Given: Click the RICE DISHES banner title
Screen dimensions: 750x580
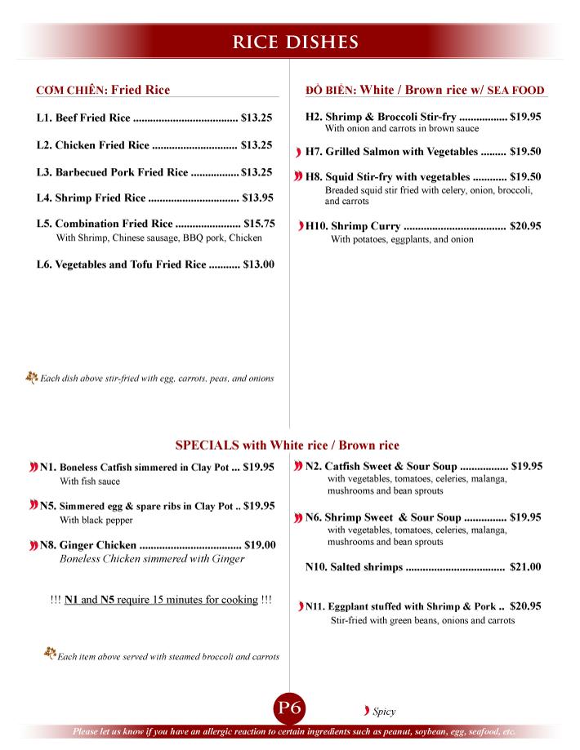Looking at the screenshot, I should point(296,42).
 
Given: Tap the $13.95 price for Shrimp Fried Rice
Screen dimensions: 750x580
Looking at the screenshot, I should point(257,197).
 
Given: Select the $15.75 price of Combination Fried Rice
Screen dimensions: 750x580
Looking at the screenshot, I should point(259,223).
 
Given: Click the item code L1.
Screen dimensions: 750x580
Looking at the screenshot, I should point(44,118).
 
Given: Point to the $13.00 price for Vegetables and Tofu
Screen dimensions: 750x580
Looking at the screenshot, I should point(258,264).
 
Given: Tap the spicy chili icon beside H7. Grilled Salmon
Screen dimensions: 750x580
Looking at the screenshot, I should point(299,153).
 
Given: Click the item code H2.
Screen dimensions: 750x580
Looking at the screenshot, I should point(314,117).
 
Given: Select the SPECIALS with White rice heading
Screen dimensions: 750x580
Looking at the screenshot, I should point(287,445).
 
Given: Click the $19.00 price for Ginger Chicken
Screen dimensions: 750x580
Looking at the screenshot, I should point(260,545).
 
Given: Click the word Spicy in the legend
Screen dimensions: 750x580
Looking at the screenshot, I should point(384,712).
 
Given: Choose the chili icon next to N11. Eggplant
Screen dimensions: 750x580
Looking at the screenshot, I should point(300,606).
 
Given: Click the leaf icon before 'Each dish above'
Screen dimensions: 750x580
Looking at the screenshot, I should point(32,377).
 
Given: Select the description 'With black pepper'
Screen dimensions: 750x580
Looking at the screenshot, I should point(96,520).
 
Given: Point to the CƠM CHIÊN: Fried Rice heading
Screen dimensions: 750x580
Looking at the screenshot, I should point(103,90).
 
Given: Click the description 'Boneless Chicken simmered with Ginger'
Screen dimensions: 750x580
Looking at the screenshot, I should point(152,559).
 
